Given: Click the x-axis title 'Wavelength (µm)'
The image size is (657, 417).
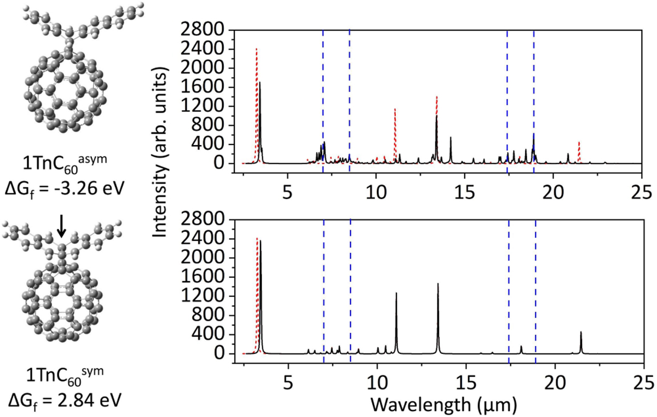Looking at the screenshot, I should point(441,404).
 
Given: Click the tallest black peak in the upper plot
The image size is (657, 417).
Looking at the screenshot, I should point(260,83).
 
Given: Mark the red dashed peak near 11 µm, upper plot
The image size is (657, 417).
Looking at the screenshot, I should point(395,110).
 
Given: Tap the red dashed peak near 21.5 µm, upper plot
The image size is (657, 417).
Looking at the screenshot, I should point(579,142).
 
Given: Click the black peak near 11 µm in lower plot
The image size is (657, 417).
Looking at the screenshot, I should point(396,294).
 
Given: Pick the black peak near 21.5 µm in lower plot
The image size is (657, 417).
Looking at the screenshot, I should point(581,333).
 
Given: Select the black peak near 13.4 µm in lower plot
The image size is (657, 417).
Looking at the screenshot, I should point(438,284).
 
